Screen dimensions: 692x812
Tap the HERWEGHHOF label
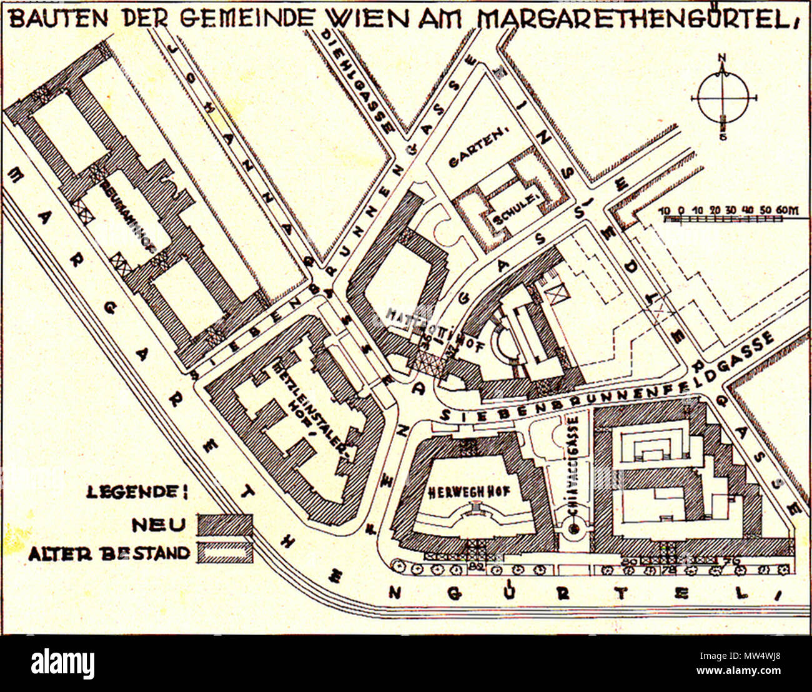(x=469, y=492)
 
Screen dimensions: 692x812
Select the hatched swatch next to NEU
(x=225, y=525)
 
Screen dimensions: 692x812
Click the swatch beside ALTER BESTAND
(x=225, y=553)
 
